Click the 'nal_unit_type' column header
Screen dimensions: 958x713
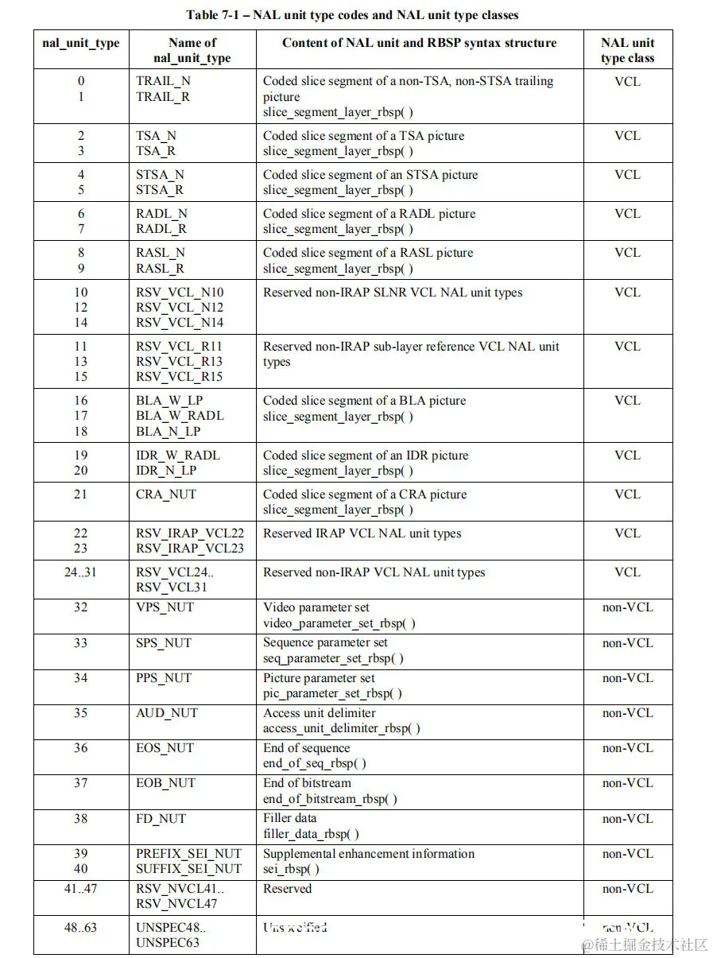coord(80,43)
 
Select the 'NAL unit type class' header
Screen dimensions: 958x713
coord(627,50)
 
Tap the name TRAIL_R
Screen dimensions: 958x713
coord(163,96)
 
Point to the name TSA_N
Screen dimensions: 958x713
coord(156,136)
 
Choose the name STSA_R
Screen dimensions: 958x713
coord(160,190)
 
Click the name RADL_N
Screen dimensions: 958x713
coord(161,214)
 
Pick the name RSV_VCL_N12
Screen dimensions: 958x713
coord(180,307)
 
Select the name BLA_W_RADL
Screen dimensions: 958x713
coord(180,415)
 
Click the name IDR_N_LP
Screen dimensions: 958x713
coord(166,470)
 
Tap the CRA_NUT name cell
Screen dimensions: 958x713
coord(166,494)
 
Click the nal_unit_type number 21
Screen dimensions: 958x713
coord(80,494)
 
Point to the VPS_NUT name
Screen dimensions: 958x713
coord(165,607)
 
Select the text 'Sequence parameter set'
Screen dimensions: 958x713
coord(325,642)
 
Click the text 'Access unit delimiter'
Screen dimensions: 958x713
coord(320,713)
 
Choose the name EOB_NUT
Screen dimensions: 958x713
coord(165,783)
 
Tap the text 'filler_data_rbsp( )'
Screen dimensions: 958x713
coord(311,834)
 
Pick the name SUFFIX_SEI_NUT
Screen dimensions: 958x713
coord(188,869)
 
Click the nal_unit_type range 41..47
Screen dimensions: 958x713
coord(80,889)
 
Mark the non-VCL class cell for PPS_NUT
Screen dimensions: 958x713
coord(627,678)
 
